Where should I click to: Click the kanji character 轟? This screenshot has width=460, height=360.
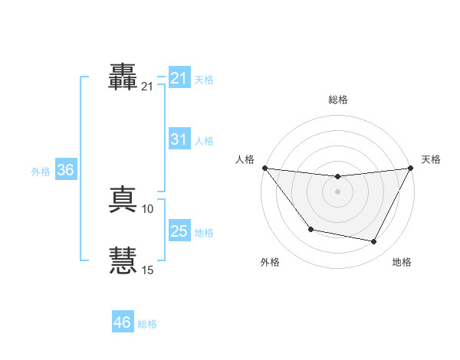click(123, 77)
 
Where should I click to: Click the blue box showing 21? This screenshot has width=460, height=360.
click(179, 77)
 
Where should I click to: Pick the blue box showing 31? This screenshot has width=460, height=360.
click(179, 139)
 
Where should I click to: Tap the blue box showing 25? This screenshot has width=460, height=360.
click(179, 231)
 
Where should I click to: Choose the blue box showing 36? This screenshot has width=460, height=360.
click(65, 170)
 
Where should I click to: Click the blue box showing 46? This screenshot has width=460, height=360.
click(122, 322)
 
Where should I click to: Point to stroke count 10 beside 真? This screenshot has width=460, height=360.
click(148, 209)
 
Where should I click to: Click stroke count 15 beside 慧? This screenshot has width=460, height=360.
click(148, 270)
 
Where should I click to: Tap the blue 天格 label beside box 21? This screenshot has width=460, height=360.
click(204, 80)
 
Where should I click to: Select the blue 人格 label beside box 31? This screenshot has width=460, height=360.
click(204, 141)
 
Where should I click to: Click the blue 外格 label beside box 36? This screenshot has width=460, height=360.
click(41, 172)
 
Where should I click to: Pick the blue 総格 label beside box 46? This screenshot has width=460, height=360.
click(147, 324)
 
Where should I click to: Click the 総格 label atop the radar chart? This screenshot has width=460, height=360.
click(337, 100)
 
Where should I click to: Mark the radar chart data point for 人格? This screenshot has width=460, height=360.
click(264, 168)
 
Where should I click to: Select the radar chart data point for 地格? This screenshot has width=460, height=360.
click(374, 242)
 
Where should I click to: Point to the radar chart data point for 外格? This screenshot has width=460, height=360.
click(310, 229)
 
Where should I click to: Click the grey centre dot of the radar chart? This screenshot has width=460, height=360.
click(337, 191)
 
